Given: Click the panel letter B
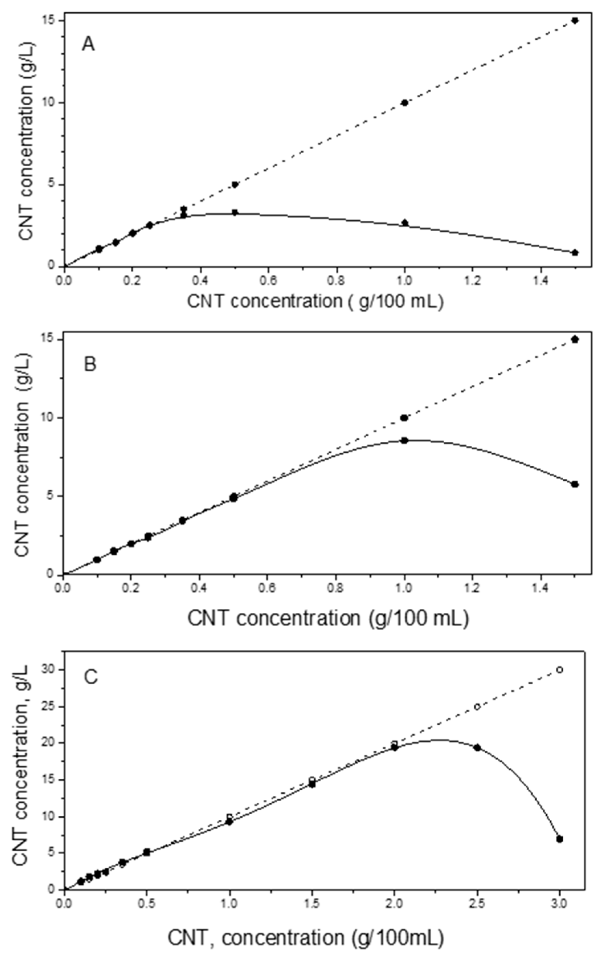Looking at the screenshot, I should click(90, 364).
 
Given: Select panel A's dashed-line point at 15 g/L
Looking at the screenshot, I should click(575, 20).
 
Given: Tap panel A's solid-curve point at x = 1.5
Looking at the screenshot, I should click(575, 253).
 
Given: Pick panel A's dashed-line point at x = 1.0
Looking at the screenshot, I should click(405, 103).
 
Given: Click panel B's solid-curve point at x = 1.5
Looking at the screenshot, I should click(575, 484).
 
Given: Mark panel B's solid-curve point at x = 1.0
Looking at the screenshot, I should click(405, 440).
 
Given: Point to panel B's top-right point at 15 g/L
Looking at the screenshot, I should click(575, 339).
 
